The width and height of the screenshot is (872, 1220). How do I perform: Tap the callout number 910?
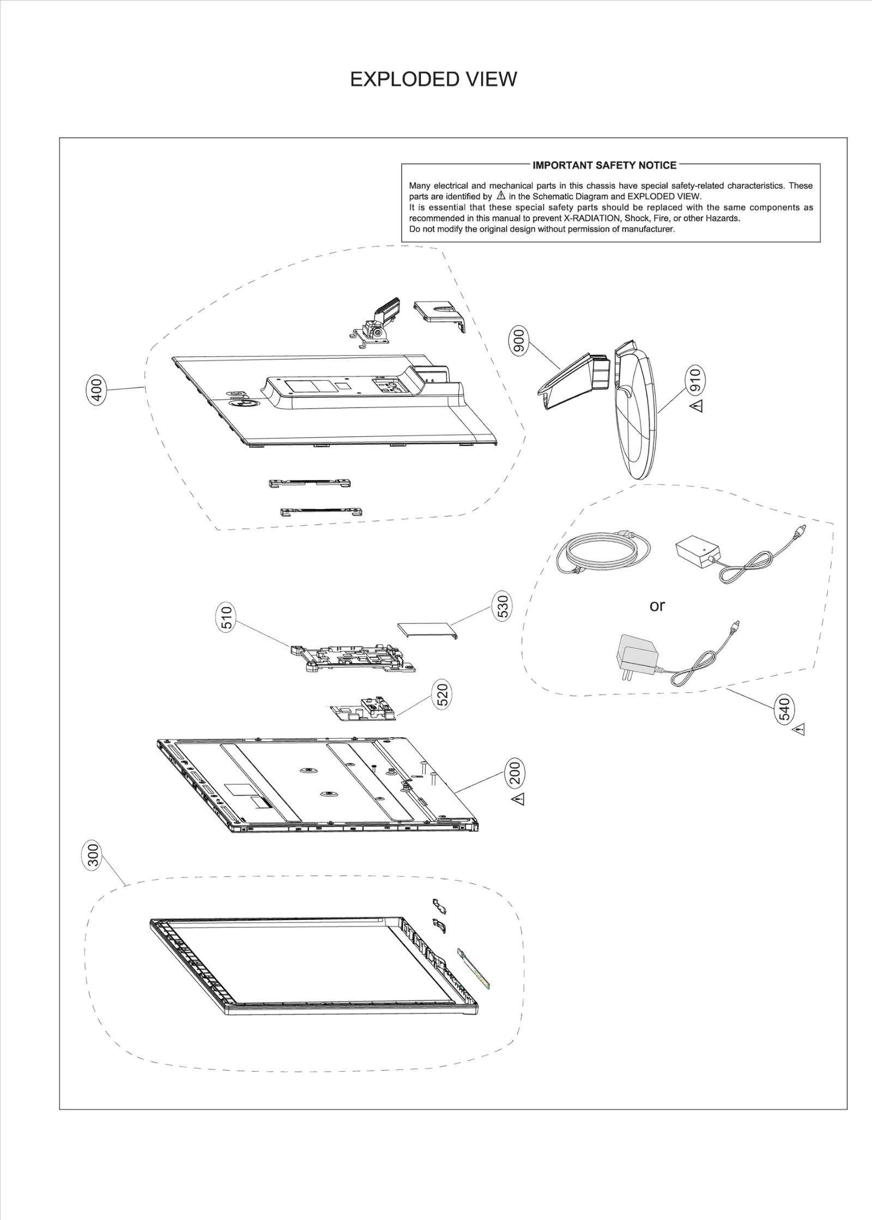[695, 379]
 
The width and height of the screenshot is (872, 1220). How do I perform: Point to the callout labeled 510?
[227, 617]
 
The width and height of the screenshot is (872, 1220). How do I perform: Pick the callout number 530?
[502, 606]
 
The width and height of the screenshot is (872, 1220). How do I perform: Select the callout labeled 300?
[94, 856]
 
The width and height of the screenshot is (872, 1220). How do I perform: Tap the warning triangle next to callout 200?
[518, 799]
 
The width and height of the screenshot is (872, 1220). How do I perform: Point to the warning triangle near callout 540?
[798, 729]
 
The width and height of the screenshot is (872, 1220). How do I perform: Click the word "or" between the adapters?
[657, 605]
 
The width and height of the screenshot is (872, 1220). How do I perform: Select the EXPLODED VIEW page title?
[433, 80]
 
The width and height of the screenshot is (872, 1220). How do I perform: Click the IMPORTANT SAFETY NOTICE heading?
[604, 165]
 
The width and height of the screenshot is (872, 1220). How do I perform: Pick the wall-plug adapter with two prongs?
[636, 658]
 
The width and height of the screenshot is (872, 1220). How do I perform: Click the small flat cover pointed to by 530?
[426, 629]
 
